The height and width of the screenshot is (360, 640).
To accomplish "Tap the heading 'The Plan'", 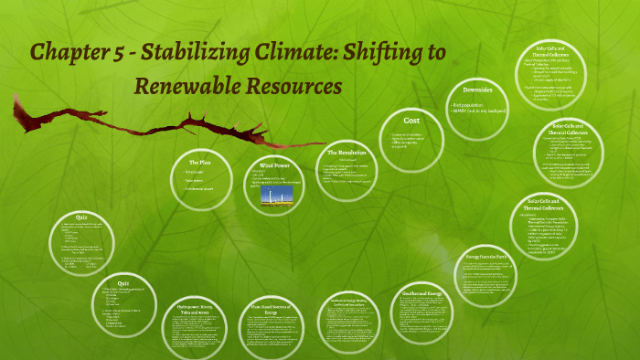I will (200, 162).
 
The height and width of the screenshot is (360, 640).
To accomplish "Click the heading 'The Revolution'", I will (347, 152).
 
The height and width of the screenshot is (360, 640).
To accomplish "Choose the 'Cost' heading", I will (411, 120).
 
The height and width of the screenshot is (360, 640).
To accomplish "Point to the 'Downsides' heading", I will (479, 91).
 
